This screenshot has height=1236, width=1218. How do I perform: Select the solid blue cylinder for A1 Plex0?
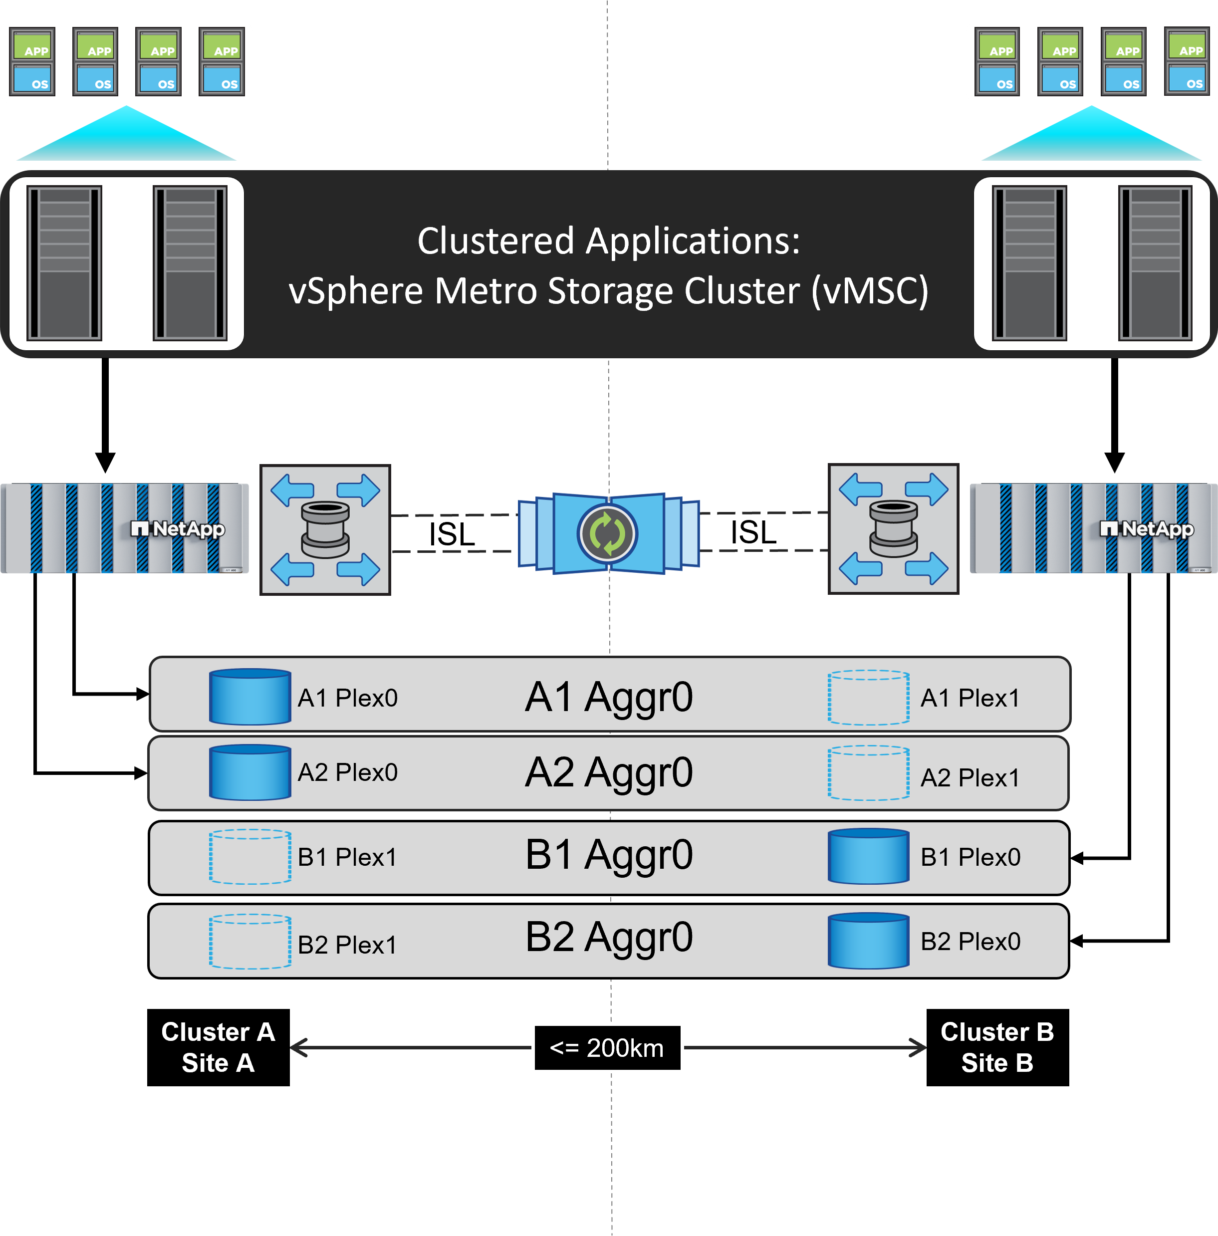[x=250, y=697]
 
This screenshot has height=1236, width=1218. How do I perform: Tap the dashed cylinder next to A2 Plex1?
[x=868, y=773]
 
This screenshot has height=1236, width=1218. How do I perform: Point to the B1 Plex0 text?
[x=970, y=857]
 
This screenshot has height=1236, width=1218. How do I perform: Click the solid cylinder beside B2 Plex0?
[x=868, y=941]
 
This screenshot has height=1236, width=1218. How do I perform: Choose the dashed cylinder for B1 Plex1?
[x=250, y=857]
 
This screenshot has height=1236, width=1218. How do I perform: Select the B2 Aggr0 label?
[x=608, y=937]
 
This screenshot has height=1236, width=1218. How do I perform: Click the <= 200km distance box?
[x=607, y=1048]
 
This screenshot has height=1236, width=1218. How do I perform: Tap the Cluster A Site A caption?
[x=218, y=1047]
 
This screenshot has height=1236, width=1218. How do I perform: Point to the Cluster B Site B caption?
[x=996, y=1047]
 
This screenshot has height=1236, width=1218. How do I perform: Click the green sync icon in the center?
[x=607, y=533]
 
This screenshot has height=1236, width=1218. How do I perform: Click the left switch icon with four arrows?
[x=325, y=530]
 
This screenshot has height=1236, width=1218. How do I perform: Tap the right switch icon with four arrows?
[x=893, y=529]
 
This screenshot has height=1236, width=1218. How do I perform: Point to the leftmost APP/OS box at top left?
[x=32, y=61]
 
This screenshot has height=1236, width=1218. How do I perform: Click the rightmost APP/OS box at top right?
[x=1187, y=61]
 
